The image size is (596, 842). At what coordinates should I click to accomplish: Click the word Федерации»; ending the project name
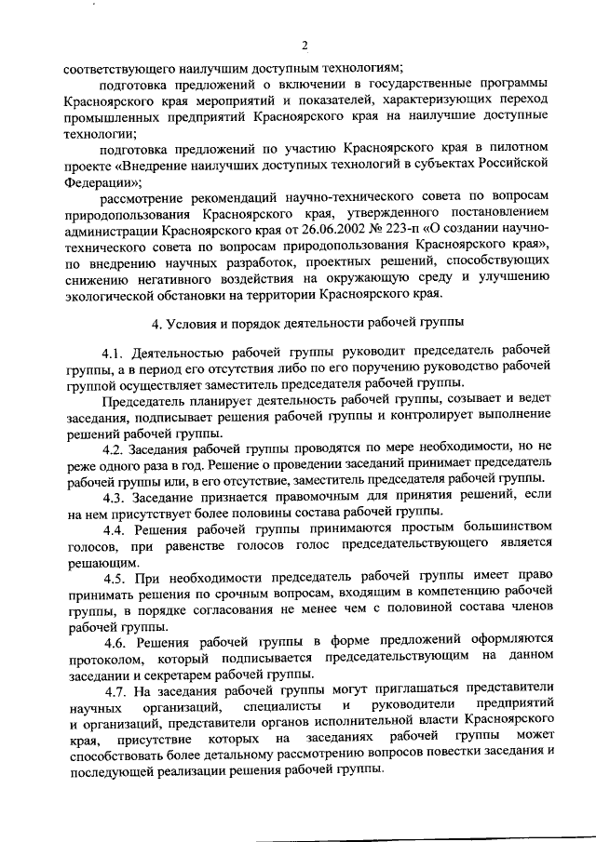(98, 182)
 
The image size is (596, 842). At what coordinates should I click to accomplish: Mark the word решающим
(102, 562)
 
